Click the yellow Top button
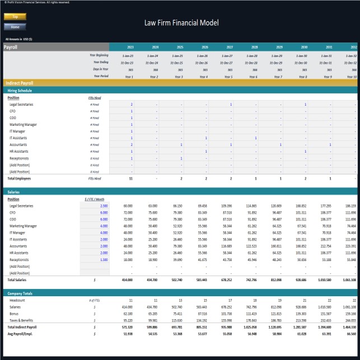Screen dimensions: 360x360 click(x=15, y=17)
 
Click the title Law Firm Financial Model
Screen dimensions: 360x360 click(x=181, y=23)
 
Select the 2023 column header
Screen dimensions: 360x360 click(x=130, y=47)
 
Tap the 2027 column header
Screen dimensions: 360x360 click(x=230, y=47)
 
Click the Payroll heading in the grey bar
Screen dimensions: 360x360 click(x=11, y=47)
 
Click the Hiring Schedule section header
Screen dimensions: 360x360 click(x=20, y=90)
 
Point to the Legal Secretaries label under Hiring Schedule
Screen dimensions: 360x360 click(x=21, y=105)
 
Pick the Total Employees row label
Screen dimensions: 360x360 click(x=19, y=179)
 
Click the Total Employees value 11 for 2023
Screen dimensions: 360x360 click(x=130, y=179)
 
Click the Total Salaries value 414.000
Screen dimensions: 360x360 click(x=127, y=279)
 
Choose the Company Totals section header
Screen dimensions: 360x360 click(x=20, y=293)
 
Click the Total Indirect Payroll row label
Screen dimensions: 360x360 click(x=23, y=327)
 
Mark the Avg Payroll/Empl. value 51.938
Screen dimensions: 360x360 click(x=127, y=334)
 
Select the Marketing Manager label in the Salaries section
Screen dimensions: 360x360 click(x=23, y=226)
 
